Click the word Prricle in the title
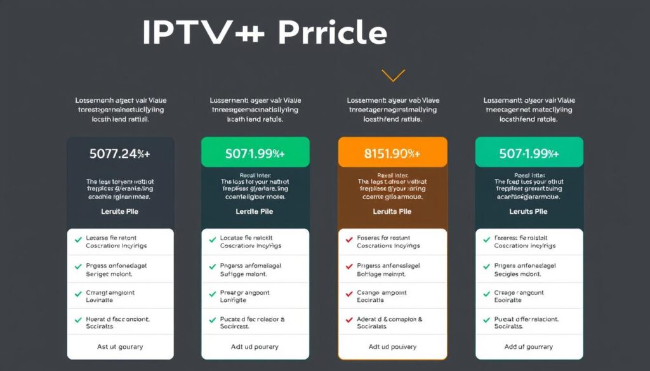click(x=331, y=32)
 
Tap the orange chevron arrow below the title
click(x=393, y=76)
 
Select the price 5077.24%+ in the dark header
click(x=120, y=153)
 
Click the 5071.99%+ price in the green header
click(x=255, y=153)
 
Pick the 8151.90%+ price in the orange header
click(x=392, y=153)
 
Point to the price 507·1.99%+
click(x=529, y=153)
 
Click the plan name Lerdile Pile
click(x=255, y=211)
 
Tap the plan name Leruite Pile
click(x=120, y=211)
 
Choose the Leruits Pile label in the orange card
click(x=392, y=211)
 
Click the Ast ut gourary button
click(x=120, y=347)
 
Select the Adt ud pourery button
click(x=255, y=347)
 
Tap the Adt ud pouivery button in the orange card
click(x=392, y=347)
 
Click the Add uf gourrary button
click(x=529, y=347)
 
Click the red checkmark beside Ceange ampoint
click(x=348, y=294)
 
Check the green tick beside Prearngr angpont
click(x=212, y=294)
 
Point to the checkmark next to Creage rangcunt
click(x=486, y=294)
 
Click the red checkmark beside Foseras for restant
click(x=348, y=240)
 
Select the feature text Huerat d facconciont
click(x=118, y=319)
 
